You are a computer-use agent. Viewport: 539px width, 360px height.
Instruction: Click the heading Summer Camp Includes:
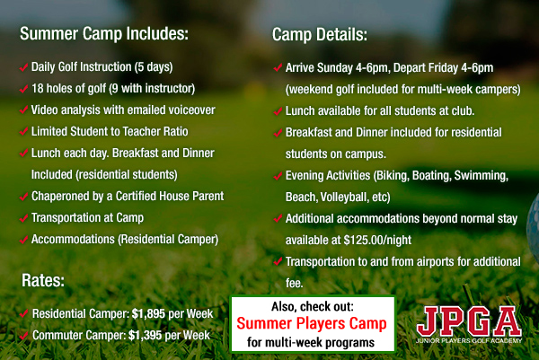coord(104,34)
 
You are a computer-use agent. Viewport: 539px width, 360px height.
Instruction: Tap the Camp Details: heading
coord(320,35)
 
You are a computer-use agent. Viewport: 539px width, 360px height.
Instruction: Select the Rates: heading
coord(43,280)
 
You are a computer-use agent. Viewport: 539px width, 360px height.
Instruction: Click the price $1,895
coord(148,313)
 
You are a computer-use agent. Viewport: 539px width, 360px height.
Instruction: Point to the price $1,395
coord(145,335)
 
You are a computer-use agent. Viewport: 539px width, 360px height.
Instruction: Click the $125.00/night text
coord(377,240)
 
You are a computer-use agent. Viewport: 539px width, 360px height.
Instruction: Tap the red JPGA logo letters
coord(469,321)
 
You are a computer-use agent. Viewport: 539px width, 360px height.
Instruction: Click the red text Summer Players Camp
coord(312,323)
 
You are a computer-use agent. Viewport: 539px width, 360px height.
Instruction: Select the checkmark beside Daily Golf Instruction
coord(23,67)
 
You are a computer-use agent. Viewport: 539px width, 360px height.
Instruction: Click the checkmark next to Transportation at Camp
coord(23,218)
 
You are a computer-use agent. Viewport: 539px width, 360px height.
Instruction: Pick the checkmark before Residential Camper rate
coord(23,313)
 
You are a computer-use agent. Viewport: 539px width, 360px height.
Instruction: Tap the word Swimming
coord(482,176)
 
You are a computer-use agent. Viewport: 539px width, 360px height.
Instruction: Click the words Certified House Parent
coord(170,196)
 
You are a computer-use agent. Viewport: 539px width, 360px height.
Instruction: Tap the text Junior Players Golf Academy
coord(469,340)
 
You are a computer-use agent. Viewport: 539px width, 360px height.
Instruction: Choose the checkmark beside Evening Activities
coord(278,176)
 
